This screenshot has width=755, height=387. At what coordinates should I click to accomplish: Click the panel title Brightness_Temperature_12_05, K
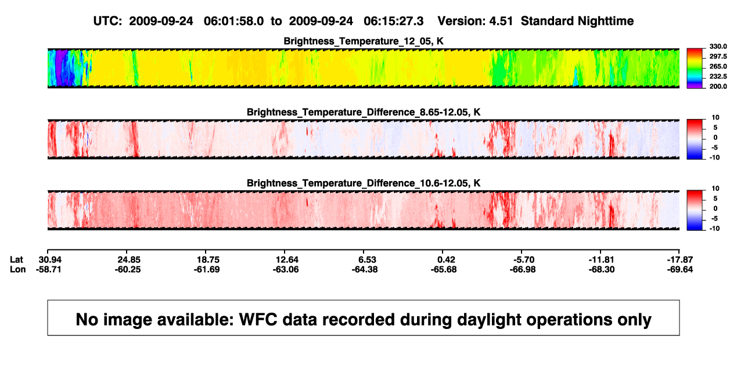pos(364,41)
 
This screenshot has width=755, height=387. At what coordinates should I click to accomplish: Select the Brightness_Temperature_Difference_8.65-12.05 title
pos(364,112)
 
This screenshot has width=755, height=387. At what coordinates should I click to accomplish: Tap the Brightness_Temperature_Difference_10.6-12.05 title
pos(364,183)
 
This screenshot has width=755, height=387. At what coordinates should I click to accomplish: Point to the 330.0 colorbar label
pos(718,46)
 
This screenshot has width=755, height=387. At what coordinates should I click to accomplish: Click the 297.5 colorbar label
pos(718,56)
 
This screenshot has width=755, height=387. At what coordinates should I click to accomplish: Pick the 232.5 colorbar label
pos(718,77)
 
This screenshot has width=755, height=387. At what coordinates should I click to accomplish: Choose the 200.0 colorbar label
pos(718,86)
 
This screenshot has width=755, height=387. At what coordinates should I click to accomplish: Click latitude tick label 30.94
pos(50,260)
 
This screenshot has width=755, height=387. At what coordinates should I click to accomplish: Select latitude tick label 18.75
pos(208,260)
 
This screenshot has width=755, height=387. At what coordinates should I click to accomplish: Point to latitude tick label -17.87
pos(680,260)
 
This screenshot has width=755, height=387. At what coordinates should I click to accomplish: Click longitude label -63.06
pos(286,269)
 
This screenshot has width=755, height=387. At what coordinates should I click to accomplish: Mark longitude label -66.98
pos(523,269)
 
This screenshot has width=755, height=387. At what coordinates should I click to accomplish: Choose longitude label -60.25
pos(127,269)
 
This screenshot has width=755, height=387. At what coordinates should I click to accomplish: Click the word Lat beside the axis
pos(16,260)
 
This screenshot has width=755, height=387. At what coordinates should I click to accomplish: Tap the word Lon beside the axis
pos(17,269)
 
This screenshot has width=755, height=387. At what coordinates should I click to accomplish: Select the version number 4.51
pos(501,21)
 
